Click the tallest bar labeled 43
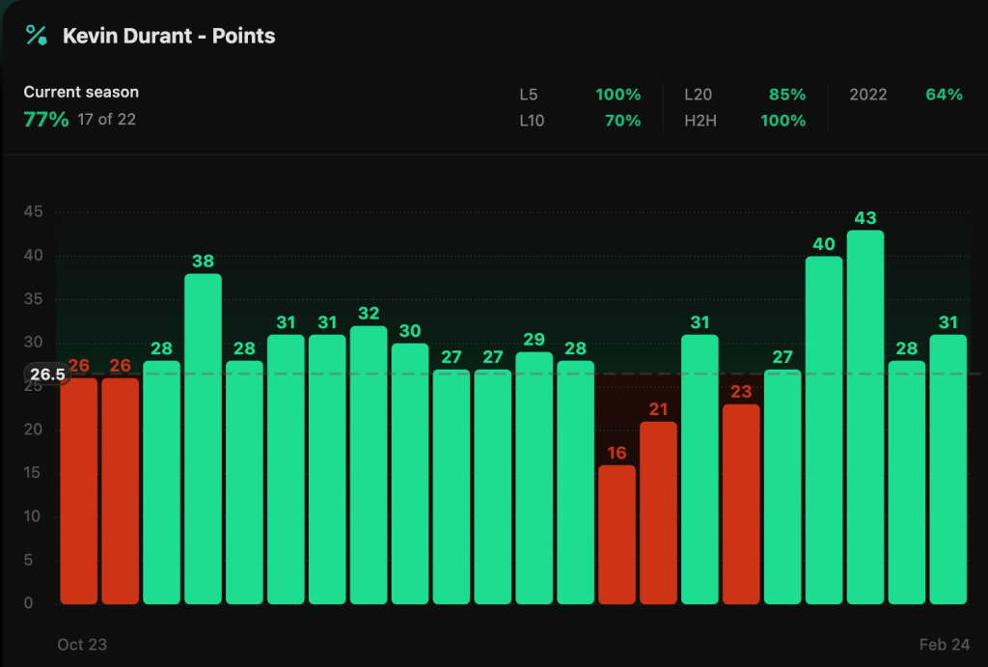pyautogui.click(x=865, y=417)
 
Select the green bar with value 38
pyautogui.click(x=203, y=439)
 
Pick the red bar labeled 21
pyautogui.click(x=658, y=513)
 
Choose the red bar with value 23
pyautogui.click(x=741, y=504)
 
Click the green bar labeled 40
pyautogui.click(x=824, y=430)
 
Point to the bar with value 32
pyautogui.click(x=369, y=464)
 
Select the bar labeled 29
pyautogui.click(x=534, y=478)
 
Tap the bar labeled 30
pyautogui.click(x=410, y=473)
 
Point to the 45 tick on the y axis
pyautogui.click(x=33, y=212)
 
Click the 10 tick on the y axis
pyautogui.click(x=33, y=516)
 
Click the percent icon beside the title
pyautogui.click(x=37, y=36)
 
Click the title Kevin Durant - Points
pyautogui.click(x=169, y=36)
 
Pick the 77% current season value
pyautogui.click(x=45, y=120)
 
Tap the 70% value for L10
pyautogui.click(x=617, y=121)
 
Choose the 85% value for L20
pyautogui.click(x=786, y=95)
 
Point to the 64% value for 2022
pyautogui.click(x=944, y=95)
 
